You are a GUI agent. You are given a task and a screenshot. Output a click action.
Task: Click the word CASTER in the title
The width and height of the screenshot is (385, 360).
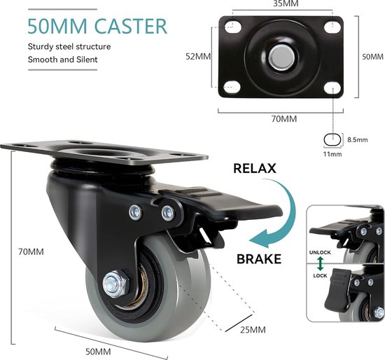(131, 26)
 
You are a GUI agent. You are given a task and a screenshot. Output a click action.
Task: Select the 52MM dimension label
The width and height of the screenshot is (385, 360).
(198, 57)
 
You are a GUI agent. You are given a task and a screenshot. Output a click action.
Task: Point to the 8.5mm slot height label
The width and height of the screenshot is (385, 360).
(358, 140)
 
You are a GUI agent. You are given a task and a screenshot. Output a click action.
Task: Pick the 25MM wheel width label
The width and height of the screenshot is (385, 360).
(253, 330)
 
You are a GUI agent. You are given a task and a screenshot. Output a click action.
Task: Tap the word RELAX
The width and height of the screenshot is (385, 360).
(255, 169)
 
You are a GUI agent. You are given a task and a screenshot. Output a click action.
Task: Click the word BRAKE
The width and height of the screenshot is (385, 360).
(259, 259)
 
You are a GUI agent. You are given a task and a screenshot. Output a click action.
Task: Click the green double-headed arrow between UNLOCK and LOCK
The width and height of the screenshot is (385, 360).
(320, 263)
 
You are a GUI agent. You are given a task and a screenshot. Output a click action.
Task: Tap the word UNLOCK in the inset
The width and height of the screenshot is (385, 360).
(320, 252)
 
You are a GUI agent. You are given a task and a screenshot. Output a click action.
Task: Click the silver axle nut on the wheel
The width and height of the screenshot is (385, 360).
(115, 284)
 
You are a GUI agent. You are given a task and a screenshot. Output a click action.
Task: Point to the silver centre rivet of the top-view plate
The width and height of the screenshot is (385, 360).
(281, 57)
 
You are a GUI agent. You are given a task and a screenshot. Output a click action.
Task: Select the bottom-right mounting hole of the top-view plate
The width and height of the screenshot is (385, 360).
(332, 88)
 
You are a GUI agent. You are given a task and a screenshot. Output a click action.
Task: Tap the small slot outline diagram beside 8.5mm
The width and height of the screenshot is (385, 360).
(332, 140)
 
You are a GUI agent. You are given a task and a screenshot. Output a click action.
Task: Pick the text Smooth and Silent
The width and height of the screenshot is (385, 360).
(62, 60)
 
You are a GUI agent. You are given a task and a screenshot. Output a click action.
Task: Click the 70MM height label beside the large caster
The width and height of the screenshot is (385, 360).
(31, 252)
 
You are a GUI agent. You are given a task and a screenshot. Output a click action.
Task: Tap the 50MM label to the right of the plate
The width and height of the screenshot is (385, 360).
(373, 57)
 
